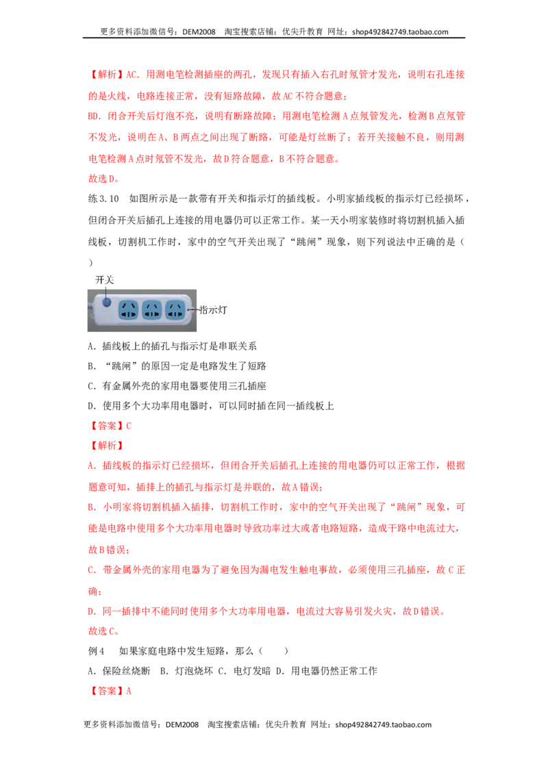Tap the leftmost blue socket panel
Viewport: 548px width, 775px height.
pyautogui.click(x=129, y=310)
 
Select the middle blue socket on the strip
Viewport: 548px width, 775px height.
pyautogui.click(x=152, y=310)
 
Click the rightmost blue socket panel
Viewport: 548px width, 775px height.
pyautogui.click(x=175, y=310)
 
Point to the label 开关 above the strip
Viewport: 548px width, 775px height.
pyautogui.click(x=104, y=280)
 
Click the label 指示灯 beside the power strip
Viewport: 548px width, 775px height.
pyautogui.click(x=212, y=310)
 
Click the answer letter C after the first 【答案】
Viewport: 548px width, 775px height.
pyautogui.click(x=129, y=426)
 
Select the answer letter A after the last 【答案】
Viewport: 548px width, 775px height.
pyautogui.click(x=129, y=691)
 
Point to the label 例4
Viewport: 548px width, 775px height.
pyautogui.click(x=96, y=651)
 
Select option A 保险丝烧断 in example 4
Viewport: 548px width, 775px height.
pyautogui.click(x=119, y=671)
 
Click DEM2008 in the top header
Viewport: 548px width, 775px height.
pyautogui.click(x=199, y=31)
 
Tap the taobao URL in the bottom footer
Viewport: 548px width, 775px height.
pyautogui.click(x=384, y=724)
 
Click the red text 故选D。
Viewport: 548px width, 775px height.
pyautogui.click(x=103, y=179)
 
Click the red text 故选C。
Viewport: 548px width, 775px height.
pyautogui.click(x=103, y=631)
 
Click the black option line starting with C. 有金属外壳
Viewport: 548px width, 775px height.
pyautogui.click(x=177, y=385)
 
